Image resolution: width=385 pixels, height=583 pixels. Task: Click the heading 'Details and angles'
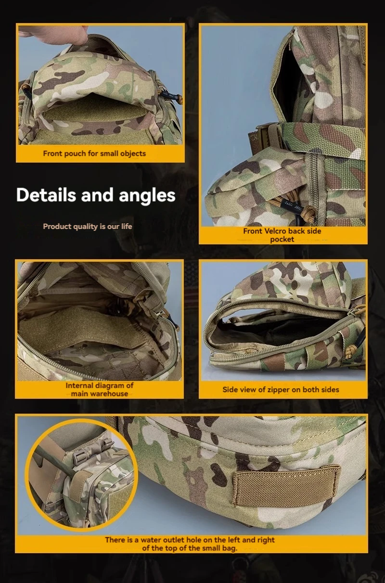(96, 195)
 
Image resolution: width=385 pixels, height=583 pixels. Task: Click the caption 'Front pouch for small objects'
(94, 153)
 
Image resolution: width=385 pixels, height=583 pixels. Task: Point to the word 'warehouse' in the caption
(100, 393)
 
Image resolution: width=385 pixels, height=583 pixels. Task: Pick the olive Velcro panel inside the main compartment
(81, 329)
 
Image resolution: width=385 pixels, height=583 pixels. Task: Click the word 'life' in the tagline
(126, 227)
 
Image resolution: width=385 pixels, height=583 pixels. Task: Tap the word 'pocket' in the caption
(282, 240)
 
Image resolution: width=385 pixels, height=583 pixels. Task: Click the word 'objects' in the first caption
(132, 153)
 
